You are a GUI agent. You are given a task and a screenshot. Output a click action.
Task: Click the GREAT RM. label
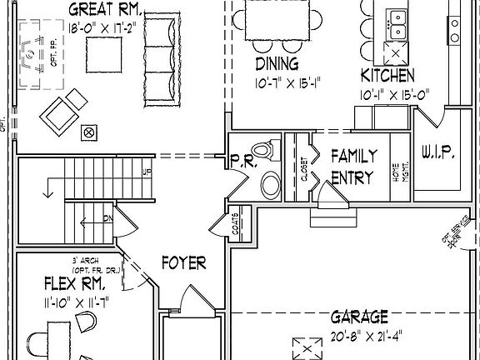[105, 11]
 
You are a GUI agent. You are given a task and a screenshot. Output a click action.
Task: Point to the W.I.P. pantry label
[437, 153]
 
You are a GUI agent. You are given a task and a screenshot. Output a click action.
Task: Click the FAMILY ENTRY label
[354, 166]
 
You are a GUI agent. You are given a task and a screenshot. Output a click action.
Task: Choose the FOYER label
[183, 263]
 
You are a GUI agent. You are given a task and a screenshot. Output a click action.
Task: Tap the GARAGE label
[359, 317]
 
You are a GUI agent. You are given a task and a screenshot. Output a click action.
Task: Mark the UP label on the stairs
[147, 173]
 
